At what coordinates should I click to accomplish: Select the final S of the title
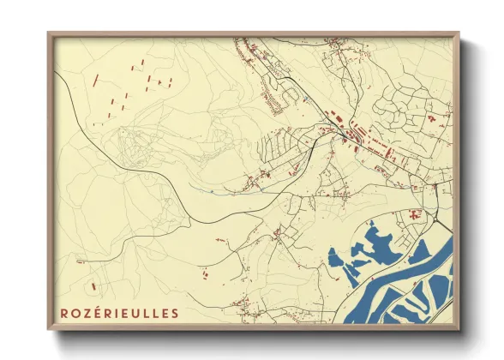click(176, 314)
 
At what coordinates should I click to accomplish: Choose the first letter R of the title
click(63, 314)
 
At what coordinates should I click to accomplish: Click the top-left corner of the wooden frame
click(49, 33)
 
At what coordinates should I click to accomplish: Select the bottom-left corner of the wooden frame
click(49, 330)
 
